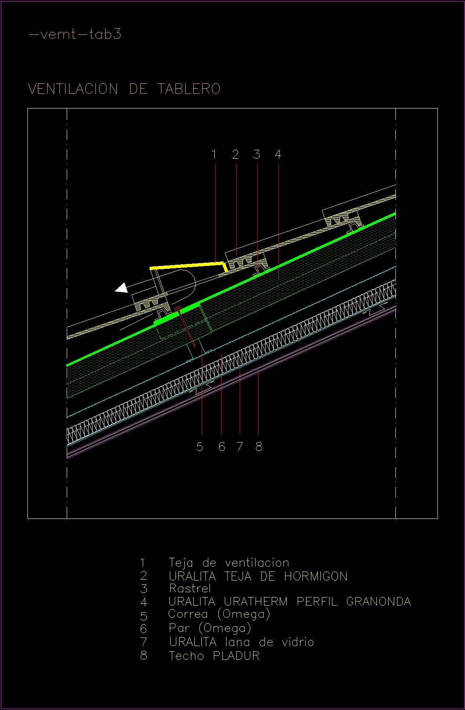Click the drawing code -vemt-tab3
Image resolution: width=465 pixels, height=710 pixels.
coord(75,34)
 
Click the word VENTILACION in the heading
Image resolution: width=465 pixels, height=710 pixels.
coord(73,89)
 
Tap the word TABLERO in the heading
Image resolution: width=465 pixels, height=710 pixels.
coord(189,89)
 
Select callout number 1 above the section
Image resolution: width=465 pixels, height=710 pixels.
coord(214,154)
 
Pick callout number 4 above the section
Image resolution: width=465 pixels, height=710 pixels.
coord(278,154)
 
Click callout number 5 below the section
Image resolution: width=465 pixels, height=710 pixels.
coord(200,446)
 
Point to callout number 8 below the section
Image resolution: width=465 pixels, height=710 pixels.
coord(259,446)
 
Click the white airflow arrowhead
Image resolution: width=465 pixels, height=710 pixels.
coord(121,288)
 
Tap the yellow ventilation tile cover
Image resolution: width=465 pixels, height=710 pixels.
coord(186,266)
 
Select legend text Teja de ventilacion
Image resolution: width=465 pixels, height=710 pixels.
coord(228,563)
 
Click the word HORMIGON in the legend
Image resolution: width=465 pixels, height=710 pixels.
coord(315,576)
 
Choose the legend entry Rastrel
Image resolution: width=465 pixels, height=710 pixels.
coord(190,588)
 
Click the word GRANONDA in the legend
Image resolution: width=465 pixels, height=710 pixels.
coord(378,602)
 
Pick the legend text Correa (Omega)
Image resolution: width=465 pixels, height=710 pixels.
coord(219,614)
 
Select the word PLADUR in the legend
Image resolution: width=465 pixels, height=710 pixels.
coord(236,655)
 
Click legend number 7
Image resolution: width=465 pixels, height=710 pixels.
coord(144,642)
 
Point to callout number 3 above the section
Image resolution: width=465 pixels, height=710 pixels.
coord(257,154)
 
